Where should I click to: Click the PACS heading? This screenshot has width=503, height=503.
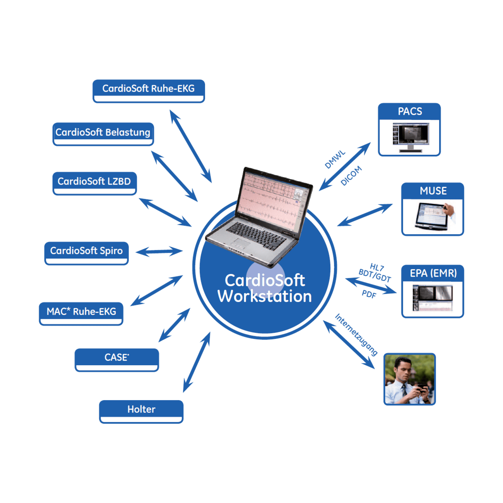410,111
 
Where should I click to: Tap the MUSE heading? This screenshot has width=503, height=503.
433,191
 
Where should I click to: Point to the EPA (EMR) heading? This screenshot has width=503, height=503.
433,274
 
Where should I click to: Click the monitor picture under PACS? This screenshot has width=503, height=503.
410,137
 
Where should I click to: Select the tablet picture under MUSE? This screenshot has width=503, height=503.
433,217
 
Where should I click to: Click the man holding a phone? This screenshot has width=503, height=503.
409,379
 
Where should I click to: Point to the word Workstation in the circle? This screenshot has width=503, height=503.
265,297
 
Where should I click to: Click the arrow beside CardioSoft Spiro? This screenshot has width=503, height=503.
159,252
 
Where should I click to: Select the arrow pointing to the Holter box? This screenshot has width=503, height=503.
197,362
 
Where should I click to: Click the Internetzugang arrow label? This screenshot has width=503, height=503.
356,335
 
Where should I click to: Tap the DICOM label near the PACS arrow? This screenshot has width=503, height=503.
351,176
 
